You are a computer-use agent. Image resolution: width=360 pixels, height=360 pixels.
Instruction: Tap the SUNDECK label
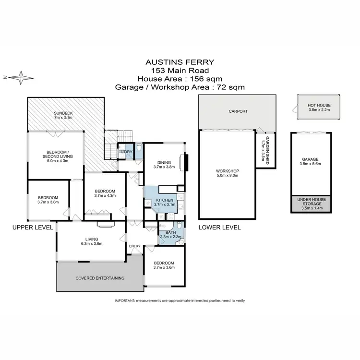pyautogui.click(x=63, y=114)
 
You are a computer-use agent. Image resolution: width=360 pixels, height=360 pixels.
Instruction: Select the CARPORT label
pyautogui.click(x=238, y=111)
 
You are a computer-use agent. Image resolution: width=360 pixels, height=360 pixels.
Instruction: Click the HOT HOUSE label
pyautogui.click(x=312, y=105)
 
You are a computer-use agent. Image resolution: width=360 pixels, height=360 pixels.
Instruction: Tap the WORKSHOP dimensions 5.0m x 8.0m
pyautogui.click(x=228, y=176)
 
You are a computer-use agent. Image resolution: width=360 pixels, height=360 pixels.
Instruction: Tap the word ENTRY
pyautogui.click(x=134, y=246)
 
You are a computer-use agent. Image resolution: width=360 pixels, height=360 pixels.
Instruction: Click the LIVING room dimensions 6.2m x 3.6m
pyautogui.click(x=92, y=244)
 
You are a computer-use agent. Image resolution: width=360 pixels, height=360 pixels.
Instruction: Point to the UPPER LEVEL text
pyautogui.click(x=32, y=228)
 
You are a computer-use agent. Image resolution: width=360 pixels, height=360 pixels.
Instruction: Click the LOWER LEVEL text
pyautogui.click(x=219, y=228)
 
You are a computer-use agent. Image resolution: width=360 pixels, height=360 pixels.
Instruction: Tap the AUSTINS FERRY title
pyautogui.click(x=180, y=62)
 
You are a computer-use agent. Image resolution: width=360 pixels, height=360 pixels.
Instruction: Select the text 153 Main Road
pyautogui.click(x=180, y=71)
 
